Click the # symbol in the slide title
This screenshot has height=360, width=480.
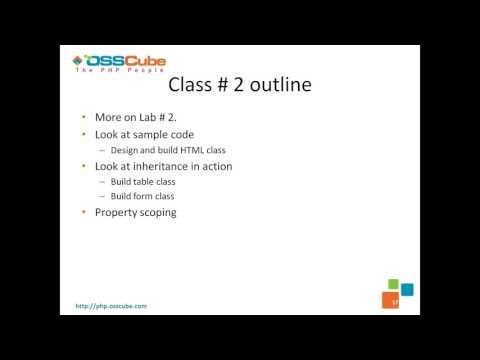[215, 84]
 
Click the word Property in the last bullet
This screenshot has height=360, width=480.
[116, 212]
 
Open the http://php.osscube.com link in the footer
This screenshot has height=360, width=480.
[112, 304]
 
